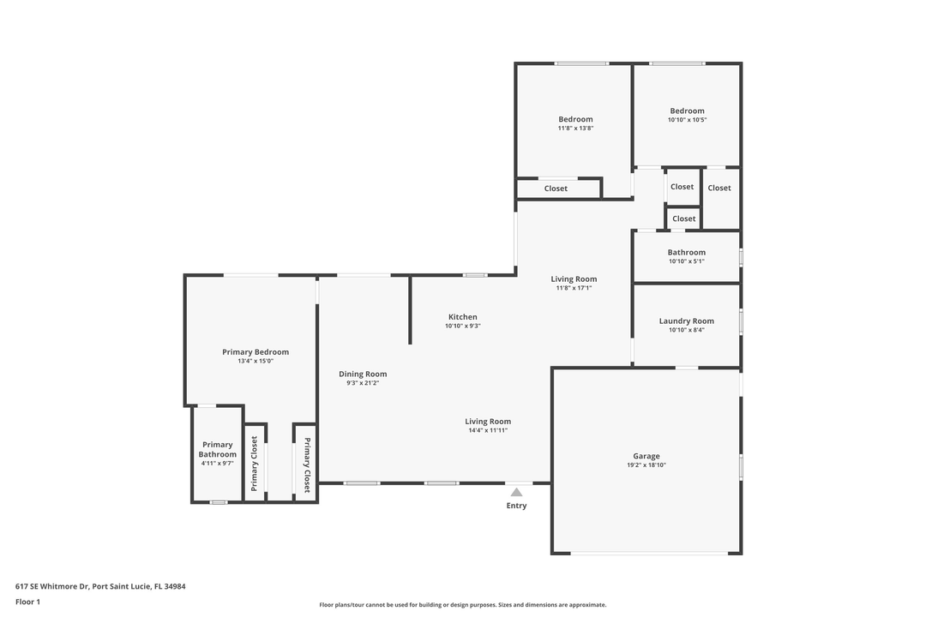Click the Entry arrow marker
[516, 492]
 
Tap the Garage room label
[646, 456]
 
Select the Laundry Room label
[686, 321]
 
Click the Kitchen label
[463, 317]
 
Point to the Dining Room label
[363, 374]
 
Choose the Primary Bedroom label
[256, 352]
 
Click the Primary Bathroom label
[218, 449]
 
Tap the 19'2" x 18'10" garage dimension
[646, 465]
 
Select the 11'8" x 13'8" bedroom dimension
[575, 129]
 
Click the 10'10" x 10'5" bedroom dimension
[687, 120]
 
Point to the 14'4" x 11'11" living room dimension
[488, 430]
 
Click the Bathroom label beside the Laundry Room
[687, 252]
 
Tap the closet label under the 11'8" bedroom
[556, 189]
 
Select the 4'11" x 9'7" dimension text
[218, 464]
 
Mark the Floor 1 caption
[27, 602]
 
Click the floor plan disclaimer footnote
[462, 605]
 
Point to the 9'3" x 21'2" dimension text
[363, 383]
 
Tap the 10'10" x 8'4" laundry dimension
[686, 330]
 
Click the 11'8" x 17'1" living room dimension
[574, 288]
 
